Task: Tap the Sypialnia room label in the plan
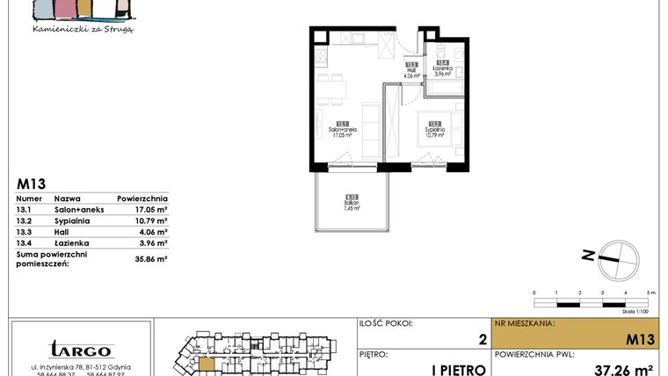pos(434,128)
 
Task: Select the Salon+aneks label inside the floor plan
pos(340,128)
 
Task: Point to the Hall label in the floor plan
pos(410,69)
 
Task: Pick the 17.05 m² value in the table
pos(150,211)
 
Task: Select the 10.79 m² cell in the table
pos(150,221)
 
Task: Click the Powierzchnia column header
pos(142,199)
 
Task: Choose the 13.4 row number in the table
pos(24,242)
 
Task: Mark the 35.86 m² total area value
pos(150,259)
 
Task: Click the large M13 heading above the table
pos(32,184)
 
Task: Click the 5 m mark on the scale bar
pos(649,291)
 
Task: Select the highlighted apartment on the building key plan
pos(206,363)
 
